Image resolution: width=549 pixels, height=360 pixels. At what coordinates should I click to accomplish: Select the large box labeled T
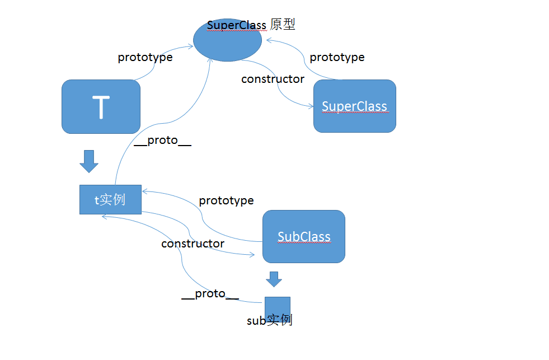click(x=101, y=106)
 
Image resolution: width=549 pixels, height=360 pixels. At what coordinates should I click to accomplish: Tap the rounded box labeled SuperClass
click(x=354, y=106)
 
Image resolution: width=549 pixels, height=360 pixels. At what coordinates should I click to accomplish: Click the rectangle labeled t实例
click(x=110, y=199)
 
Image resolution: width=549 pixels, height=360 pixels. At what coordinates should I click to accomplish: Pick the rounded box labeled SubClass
click(x=304, y=236)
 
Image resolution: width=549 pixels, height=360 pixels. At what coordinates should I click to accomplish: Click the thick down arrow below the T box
click(x=89, y=161)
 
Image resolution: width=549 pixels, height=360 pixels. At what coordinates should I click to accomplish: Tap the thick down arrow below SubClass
click(x=274, y=279)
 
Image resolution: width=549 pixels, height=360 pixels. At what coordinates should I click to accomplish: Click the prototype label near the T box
click(x=145, y=57)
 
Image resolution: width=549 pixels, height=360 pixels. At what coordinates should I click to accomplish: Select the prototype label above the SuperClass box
click(x=337, y=57)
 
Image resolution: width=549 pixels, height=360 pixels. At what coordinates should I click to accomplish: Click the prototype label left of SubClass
click(x=226, y=200)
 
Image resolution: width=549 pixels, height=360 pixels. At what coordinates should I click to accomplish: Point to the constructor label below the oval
click(x=273, y=79)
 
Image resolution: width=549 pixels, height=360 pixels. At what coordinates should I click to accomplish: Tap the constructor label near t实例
click(x=193, y=244)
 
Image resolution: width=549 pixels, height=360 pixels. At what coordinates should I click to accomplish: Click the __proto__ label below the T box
click(x=163, y=140)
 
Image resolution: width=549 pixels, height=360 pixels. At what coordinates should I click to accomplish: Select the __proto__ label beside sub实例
click(x=210, y=293)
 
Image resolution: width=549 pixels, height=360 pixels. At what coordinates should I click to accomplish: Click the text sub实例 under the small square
click(x=270, y=320)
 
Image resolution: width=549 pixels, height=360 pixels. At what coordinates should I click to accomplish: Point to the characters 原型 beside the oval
click(x=283, y=24)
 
